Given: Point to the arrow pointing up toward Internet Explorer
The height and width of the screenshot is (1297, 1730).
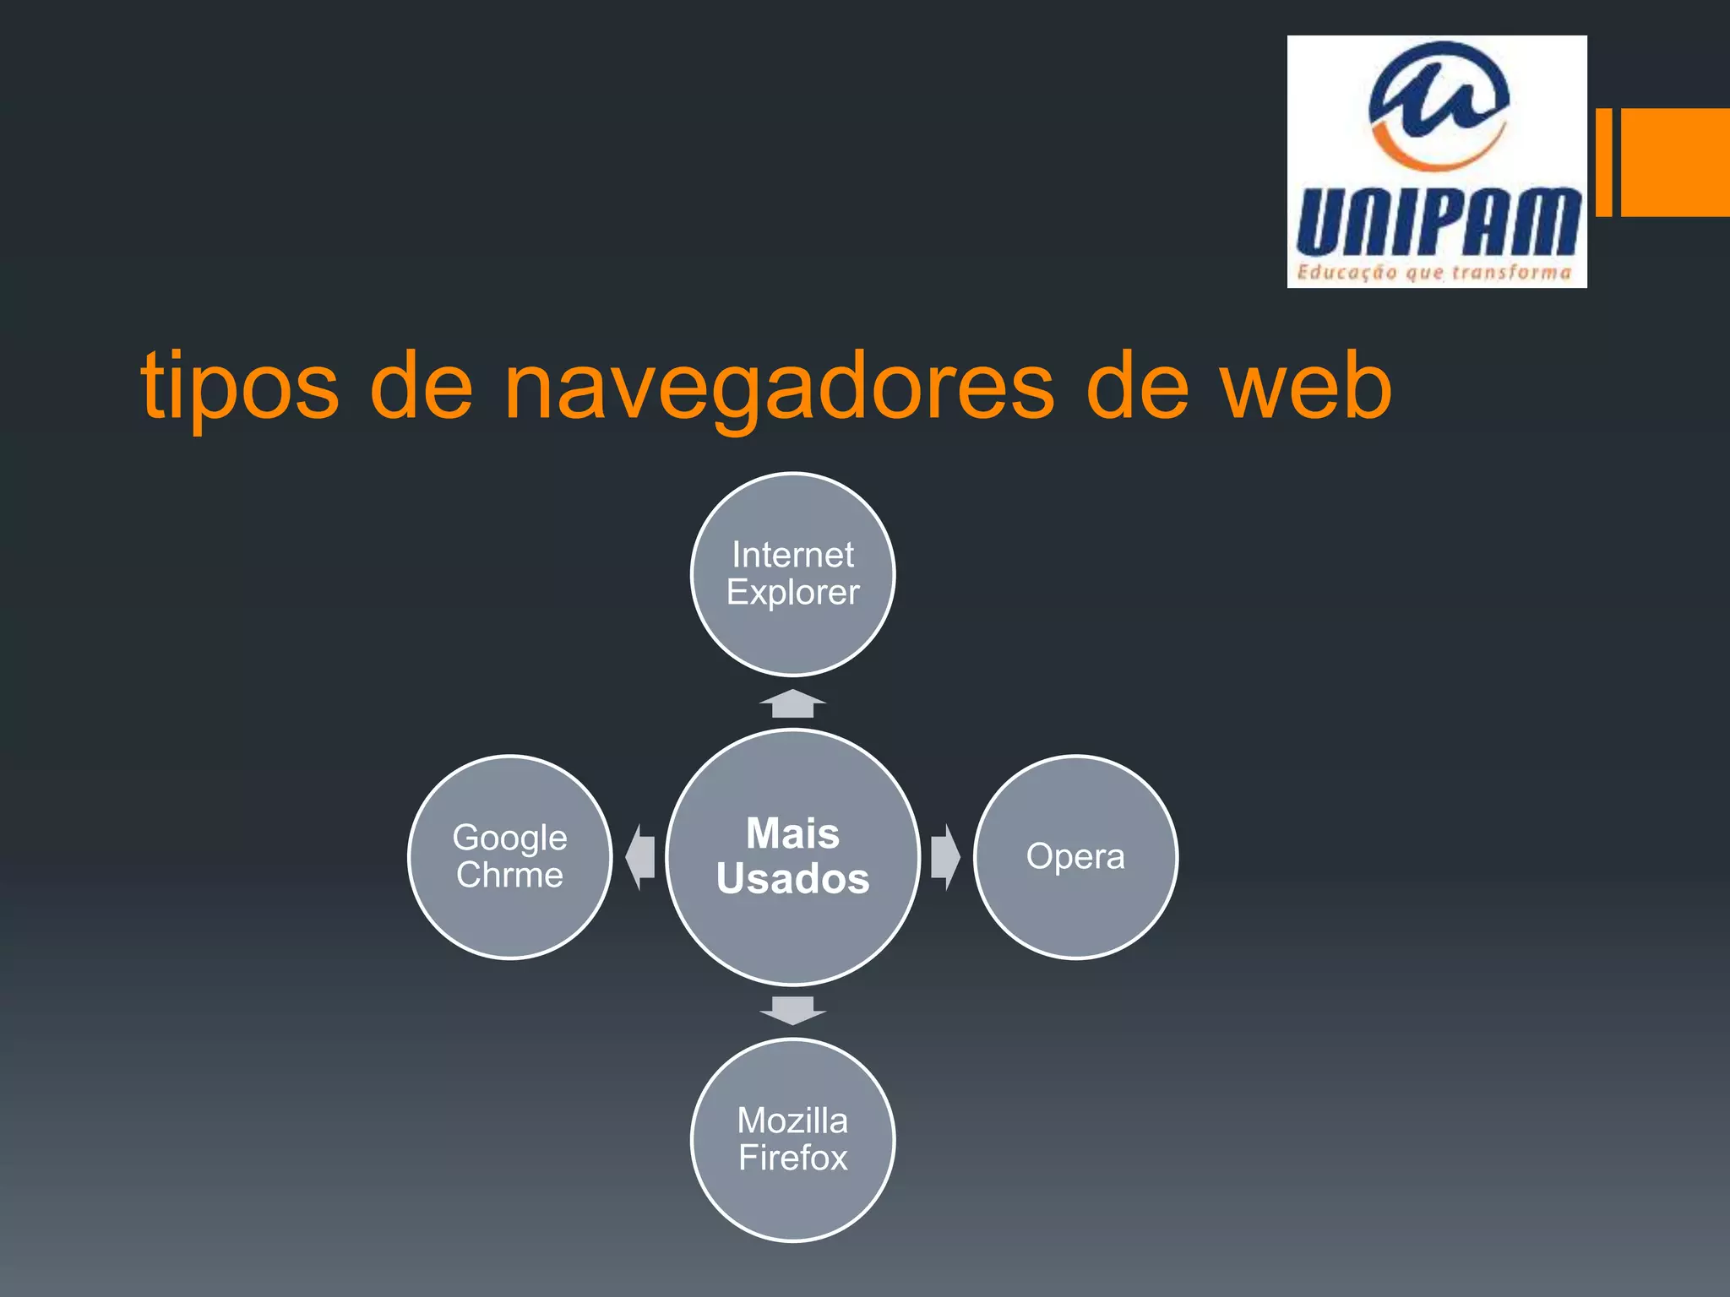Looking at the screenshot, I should (792, 704).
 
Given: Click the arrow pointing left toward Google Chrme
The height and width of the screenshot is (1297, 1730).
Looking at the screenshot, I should (641, 857).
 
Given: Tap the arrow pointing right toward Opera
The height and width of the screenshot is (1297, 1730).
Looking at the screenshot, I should (944, 857).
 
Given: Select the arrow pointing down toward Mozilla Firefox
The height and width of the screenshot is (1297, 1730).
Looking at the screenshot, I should (792, 1010).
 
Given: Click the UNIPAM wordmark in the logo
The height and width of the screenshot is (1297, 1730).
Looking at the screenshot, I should (1437, 221).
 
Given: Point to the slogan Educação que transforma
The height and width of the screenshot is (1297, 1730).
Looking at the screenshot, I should (1434, 272).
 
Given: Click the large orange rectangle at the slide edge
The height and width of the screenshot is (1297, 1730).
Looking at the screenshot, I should (1675, 162).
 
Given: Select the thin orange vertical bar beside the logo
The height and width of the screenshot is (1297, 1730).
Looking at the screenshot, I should (1604, 162).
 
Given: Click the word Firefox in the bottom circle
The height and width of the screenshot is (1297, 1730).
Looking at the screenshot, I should (792, 1158).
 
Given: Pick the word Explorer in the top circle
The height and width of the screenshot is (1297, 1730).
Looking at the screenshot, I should (792, 592).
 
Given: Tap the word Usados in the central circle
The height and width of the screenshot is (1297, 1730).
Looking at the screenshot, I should (792, 878).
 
